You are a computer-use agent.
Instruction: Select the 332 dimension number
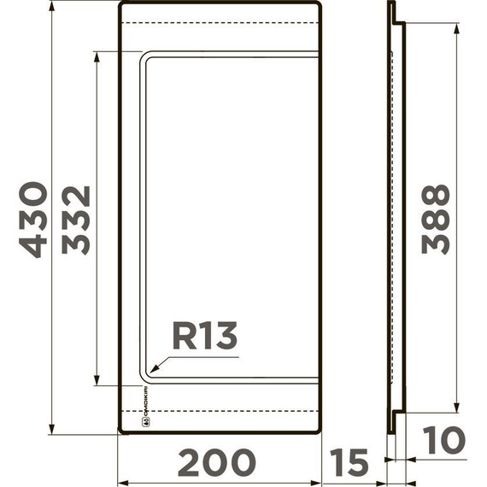[76, 219]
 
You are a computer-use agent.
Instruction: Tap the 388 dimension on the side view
[436, 219]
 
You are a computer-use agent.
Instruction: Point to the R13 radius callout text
[204, 336]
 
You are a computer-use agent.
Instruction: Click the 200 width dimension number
[217, 462]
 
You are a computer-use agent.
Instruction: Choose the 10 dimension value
[443, 441]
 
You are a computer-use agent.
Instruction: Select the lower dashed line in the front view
[219, 411]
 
